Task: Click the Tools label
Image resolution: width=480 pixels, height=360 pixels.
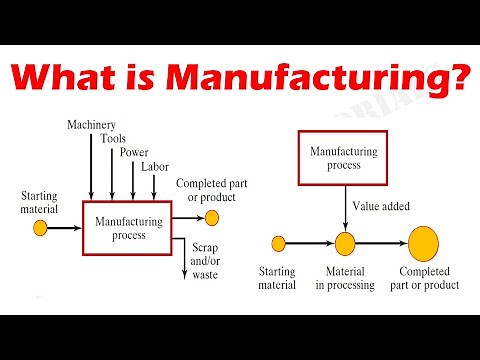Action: (x=112, y=139)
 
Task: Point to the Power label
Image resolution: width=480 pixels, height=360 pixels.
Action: (x=134, y=153)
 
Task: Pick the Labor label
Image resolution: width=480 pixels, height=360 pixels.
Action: (x=155, y=167)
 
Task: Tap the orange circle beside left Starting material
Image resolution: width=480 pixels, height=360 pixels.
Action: (x=41, y=228)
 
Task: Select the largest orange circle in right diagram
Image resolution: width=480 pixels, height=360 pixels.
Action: (x=423, y=243)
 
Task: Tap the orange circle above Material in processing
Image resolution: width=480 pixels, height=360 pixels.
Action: (x=345, y=243)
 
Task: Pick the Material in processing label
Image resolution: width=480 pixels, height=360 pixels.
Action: (x=345, y=278)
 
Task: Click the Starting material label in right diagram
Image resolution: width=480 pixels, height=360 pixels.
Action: (x=278, y=278)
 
